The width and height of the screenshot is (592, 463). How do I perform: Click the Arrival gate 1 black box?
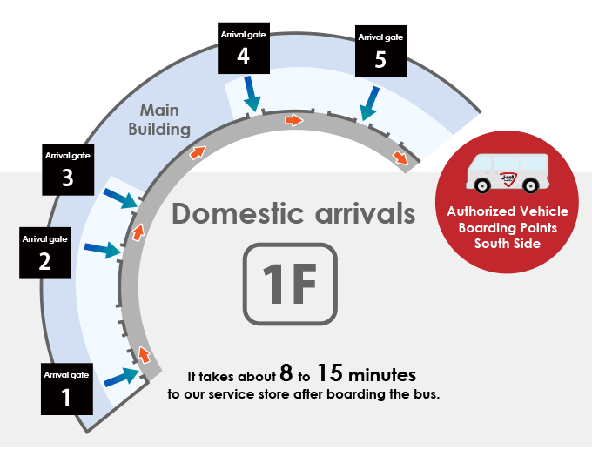(x=67, y=389)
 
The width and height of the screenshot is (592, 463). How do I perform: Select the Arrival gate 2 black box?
(x=45, y=252)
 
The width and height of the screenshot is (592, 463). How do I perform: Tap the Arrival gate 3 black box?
(x=68, y=170)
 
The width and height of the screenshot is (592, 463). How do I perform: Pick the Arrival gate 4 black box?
(x=244, y=48)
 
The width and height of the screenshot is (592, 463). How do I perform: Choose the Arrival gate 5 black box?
(x=381, y=51)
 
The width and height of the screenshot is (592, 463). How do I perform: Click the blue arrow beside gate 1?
(x=122, y=377)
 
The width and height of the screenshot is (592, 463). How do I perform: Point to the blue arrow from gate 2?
(x=103, y=250)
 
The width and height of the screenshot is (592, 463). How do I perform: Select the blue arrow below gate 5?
(x=369, y=104)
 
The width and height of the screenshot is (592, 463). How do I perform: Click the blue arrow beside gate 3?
(x=120, y=198)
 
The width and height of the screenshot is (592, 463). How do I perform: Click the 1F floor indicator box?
(x=290, y=284)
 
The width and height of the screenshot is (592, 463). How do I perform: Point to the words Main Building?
(x=159, y=119)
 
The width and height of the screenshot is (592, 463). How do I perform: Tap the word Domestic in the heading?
(x=238, y=213)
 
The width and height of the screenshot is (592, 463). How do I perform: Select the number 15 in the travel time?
(x=330, y=372)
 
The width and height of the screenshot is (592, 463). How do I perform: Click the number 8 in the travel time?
(x=286, y=372)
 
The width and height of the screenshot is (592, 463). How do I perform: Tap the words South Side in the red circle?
(x=508, y=244)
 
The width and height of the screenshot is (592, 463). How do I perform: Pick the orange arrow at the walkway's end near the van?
(x=400, y=157)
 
